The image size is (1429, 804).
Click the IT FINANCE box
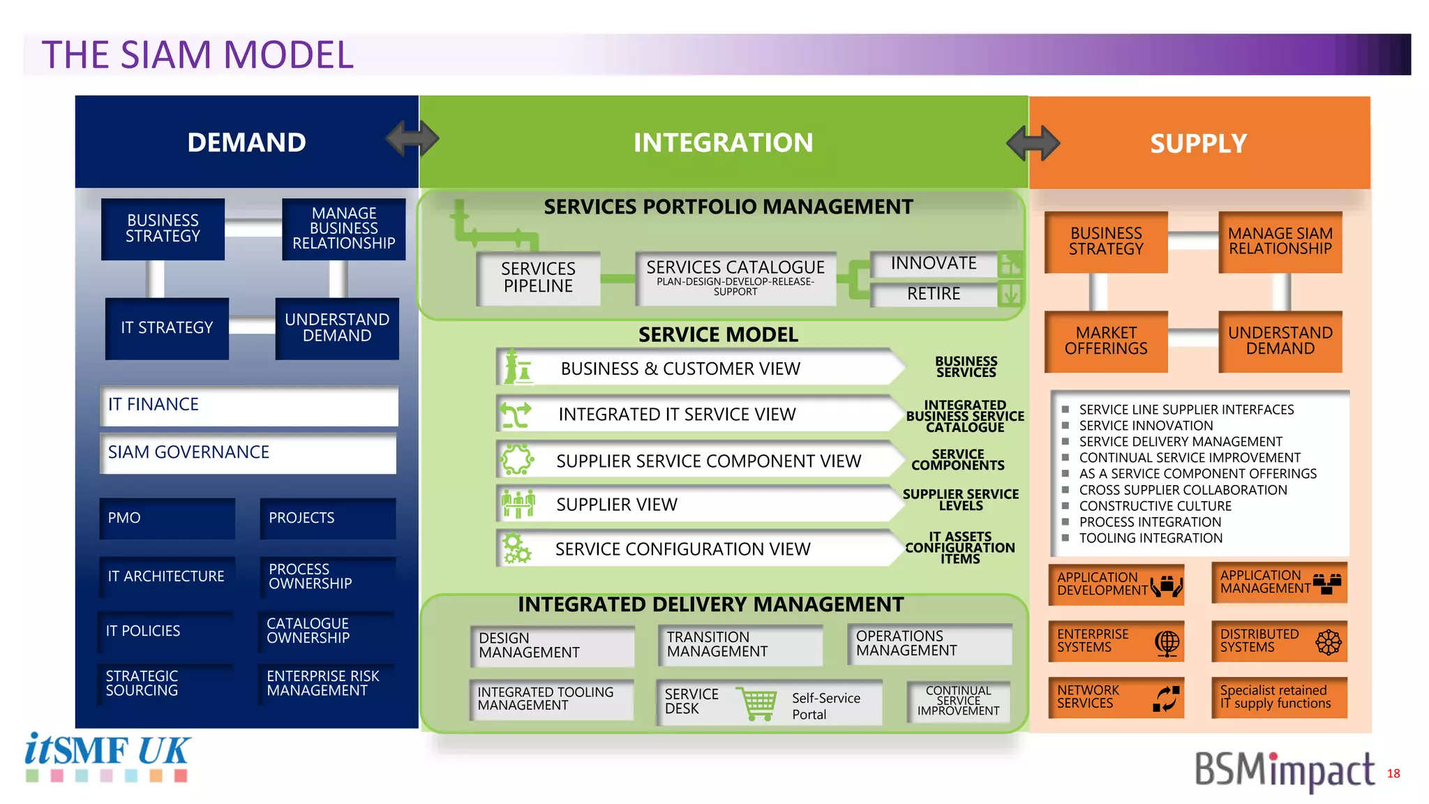(248, 405)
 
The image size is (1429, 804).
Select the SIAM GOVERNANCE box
(248, 453)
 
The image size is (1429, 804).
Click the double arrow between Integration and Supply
(1033, 143)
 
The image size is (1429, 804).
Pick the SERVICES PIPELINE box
(538, 278)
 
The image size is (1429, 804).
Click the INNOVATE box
(934, 264)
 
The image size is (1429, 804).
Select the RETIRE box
(934, 294)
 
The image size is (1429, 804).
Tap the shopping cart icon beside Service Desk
(759, 703)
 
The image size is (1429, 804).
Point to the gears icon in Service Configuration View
(517, 549)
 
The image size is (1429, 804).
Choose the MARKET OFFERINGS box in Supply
(1105, 341)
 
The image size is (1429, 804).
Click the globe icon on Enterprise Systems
(1167, 642)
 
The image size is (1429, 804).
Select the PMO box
(167, 518)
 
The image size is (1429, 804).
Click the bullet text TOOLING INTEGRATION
(1151, 538)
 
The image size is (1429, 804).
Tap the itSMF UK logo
(107, 757)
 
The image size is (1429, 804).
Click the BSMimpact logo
(1284, 770)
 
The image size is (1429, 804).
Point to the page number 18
(1393, 773)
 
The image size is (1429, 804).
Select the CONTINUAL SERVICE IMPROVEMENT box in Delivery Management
(958, 701)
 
